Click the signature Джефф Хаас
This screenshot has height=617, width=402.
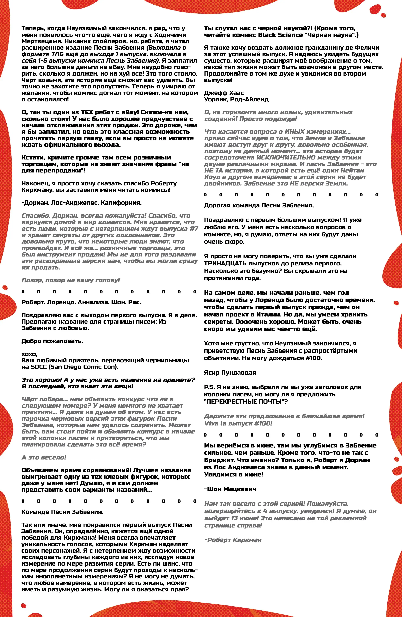pyautogui.click(x=224, y=93)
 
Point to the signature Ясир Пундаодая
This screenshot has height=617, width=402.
pyautogui.click(x=230, y=373)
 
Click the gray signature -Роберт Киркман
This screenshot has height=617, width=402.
pyautogui.click(x=233, y=540)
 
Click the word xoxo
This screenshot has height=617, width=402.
pyautogui.click(x=29, y=354)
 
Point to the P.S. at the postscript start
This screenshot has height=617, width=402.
pyautogui.click(x=209, y=387)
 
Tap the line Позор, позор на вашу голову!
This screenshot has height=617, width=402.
pyautogui.click(x=71, y=280)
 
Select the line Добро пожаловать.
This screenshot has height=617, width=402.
pyautogui.click(x=52, y=341)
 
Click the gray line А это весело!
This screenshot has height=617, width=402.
pyautogui.click(x=44, y=457)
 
